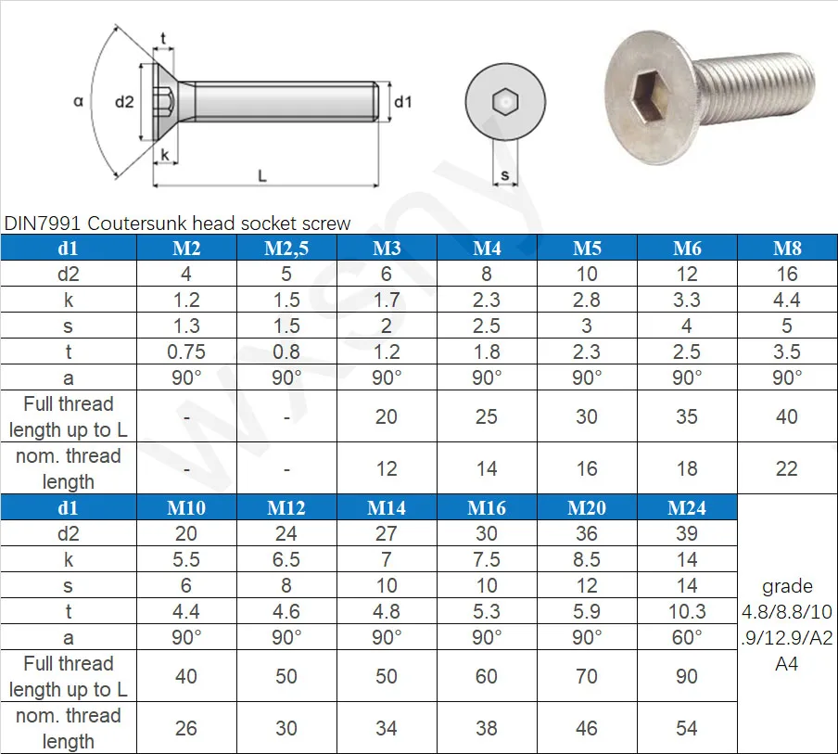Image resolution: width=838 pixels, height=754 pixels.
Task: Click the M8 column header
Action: [x=787, y=249]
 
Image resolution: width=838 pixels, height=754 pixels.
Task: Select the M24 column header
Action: [x=687, y=507]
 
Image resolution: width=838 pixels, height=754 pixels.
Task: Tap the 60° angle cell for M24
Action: [x=687, y=637]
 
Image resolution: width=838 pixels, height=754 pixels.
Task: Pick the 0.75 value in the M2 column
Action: [x=186, y=352]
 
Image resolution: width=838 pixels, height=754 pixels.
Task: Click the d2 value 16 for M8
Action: [x=787, y=275]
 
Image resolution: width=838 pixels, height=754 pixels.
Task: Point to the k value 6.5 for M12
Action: [x=286, y=559]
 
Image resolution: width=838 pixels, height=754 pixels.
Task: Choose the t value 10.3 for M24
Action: [x=687, y=611]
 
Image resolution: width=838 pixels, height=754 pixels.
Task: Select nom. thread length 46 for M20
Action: [x=587, y=728]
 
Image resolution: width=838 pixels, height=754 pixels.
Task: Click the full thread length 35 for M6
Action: [x=687, y=417]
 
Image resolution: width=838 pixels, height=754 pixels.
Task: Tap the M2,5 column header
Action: [x=286, y=249]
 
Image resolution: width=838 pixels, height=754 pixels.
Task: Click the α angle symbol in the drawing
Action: [x=78, y=102]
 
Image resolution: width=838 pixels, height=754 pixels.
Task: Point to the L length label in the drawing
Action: [x=262, y=175]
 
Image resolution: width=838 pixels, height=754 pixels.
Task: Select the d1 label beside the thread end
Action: [x=402, y=102]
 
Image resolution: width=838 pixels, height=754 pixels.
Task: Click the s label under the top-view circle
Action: [x=504, y=174]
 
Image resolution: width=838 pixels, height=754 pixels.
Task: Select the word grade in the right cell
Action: [x=787, y=586]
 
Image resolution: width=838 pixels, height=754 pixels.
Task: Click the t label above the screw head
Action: [x=164, y=38]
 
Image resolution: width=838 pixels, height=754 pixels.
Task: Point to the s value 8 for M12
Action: [x=286, y=585]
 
